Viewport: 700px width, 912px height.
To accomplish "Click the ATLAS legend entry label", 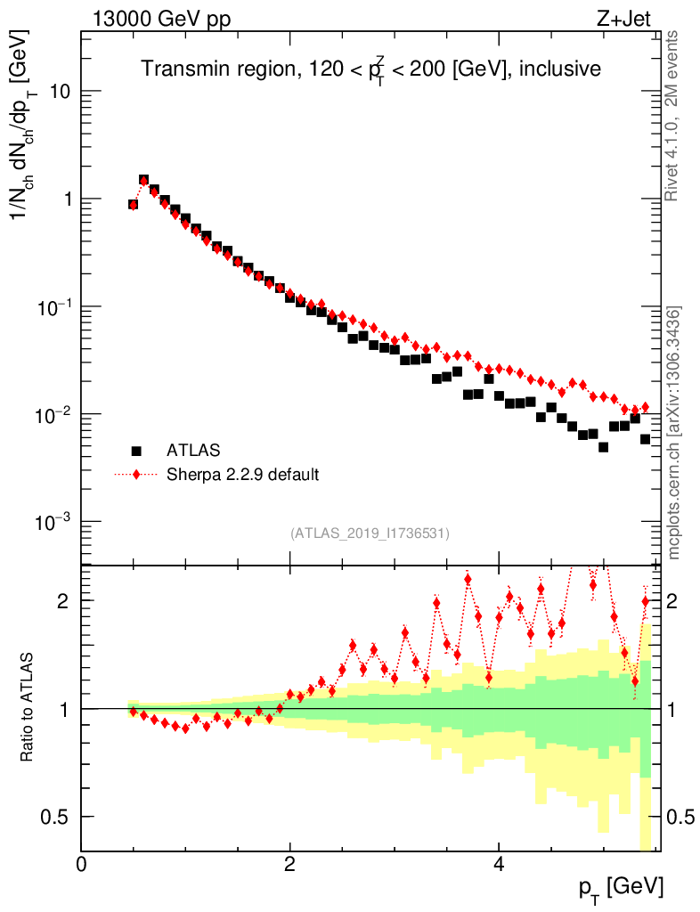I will (x=193, y=450).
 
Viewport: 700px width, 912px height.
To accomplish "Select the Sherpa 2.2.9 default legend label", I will (x=243, y=474).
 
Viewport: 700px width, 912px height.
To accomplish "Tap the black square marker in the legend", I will (x=136, y=450).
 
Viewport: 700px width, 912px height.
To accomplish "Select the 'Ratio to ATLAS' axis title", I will (x=28, y=707).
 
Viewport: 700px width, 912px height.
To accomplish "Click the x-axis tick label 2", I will (x=290, y=863).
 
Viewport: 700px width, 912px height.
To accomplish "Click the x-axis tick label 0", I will (x=82, y=863).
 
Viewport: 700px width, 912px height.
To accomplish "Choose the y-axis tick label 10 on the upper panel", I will (x=59, y=92).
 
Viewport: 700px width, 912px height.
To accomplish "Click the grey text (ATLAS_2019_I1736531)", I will (x=370, y=533).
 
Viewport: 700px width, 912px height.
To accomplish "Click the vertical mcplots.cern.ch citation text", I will (x=674, y=433).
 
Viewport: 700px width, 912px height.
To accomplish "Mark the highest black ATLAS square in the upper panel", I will (x=143, y=180).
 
